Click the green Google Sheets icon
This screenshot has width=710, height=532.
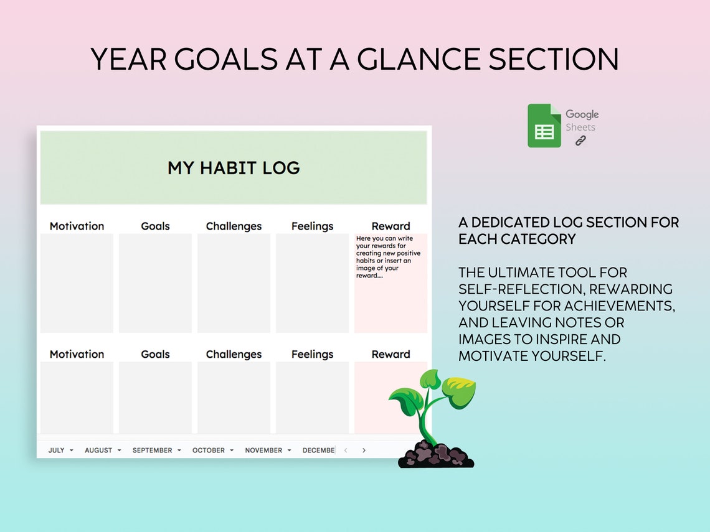point(544,126)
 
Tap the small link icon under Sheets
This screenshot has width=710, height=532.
point(580,141)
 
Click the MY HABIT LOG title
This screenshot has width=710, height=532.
point(234,168)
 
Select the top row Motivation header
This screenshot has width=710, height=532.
point(77,226)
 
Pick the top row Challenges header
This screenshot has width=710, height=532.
point(234,226)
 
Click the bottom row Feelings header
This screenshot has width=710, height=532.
point(312,354)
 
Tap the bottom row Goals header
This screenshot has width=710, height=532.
point(155,354)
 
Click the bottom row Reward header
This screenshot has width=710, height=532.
point(391,354)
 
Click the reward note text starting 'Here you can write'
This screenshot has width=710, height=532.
point(388,257)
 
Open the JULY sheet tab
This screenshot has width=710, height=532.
point(57,450)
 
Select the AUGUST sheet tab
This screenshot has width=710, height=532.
point(98,450)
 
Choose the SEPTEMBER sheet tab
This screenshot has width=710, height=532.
point(152,450)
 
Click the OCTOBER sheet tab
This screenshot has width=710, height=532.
point(208,450)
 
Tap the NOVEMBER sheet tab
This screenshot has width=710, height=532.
point(263,450)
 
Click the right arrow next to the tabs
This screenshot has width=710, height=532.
point(364,450)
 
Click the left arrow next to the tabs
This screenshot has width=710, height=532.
point(346,450)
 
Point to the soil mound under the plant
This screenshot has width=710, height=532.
point(435,455)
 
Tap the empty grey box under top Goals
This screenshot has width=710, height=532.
point(155,283)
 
